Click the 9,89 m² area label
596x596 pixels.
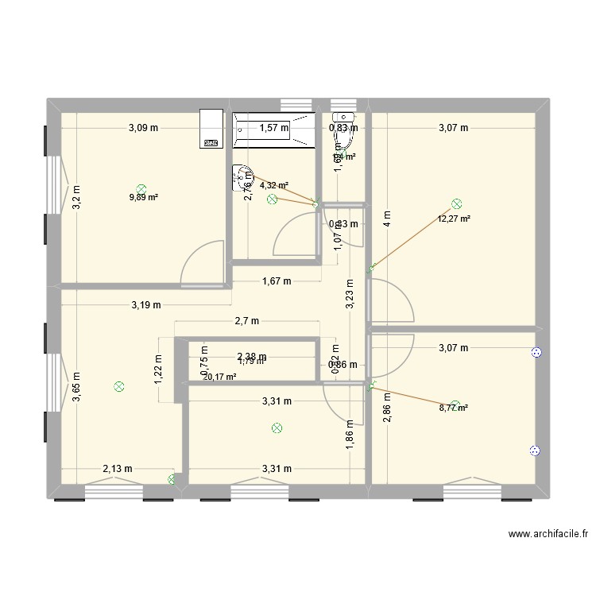[x=143, y=198]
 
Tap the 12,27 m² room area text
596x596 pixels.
[x=454, y=219]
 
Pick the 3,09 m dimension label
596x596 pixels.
[x=144, y=127]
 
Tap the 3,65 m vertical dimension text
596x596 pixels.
[x=76, y=388]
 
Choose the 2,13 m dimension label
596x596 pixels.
[x=117, y=470]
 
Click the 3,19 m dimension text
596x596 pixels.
[x=146, y=304]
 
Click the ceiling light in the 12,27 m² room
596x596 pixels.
[x=456, y=204]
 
